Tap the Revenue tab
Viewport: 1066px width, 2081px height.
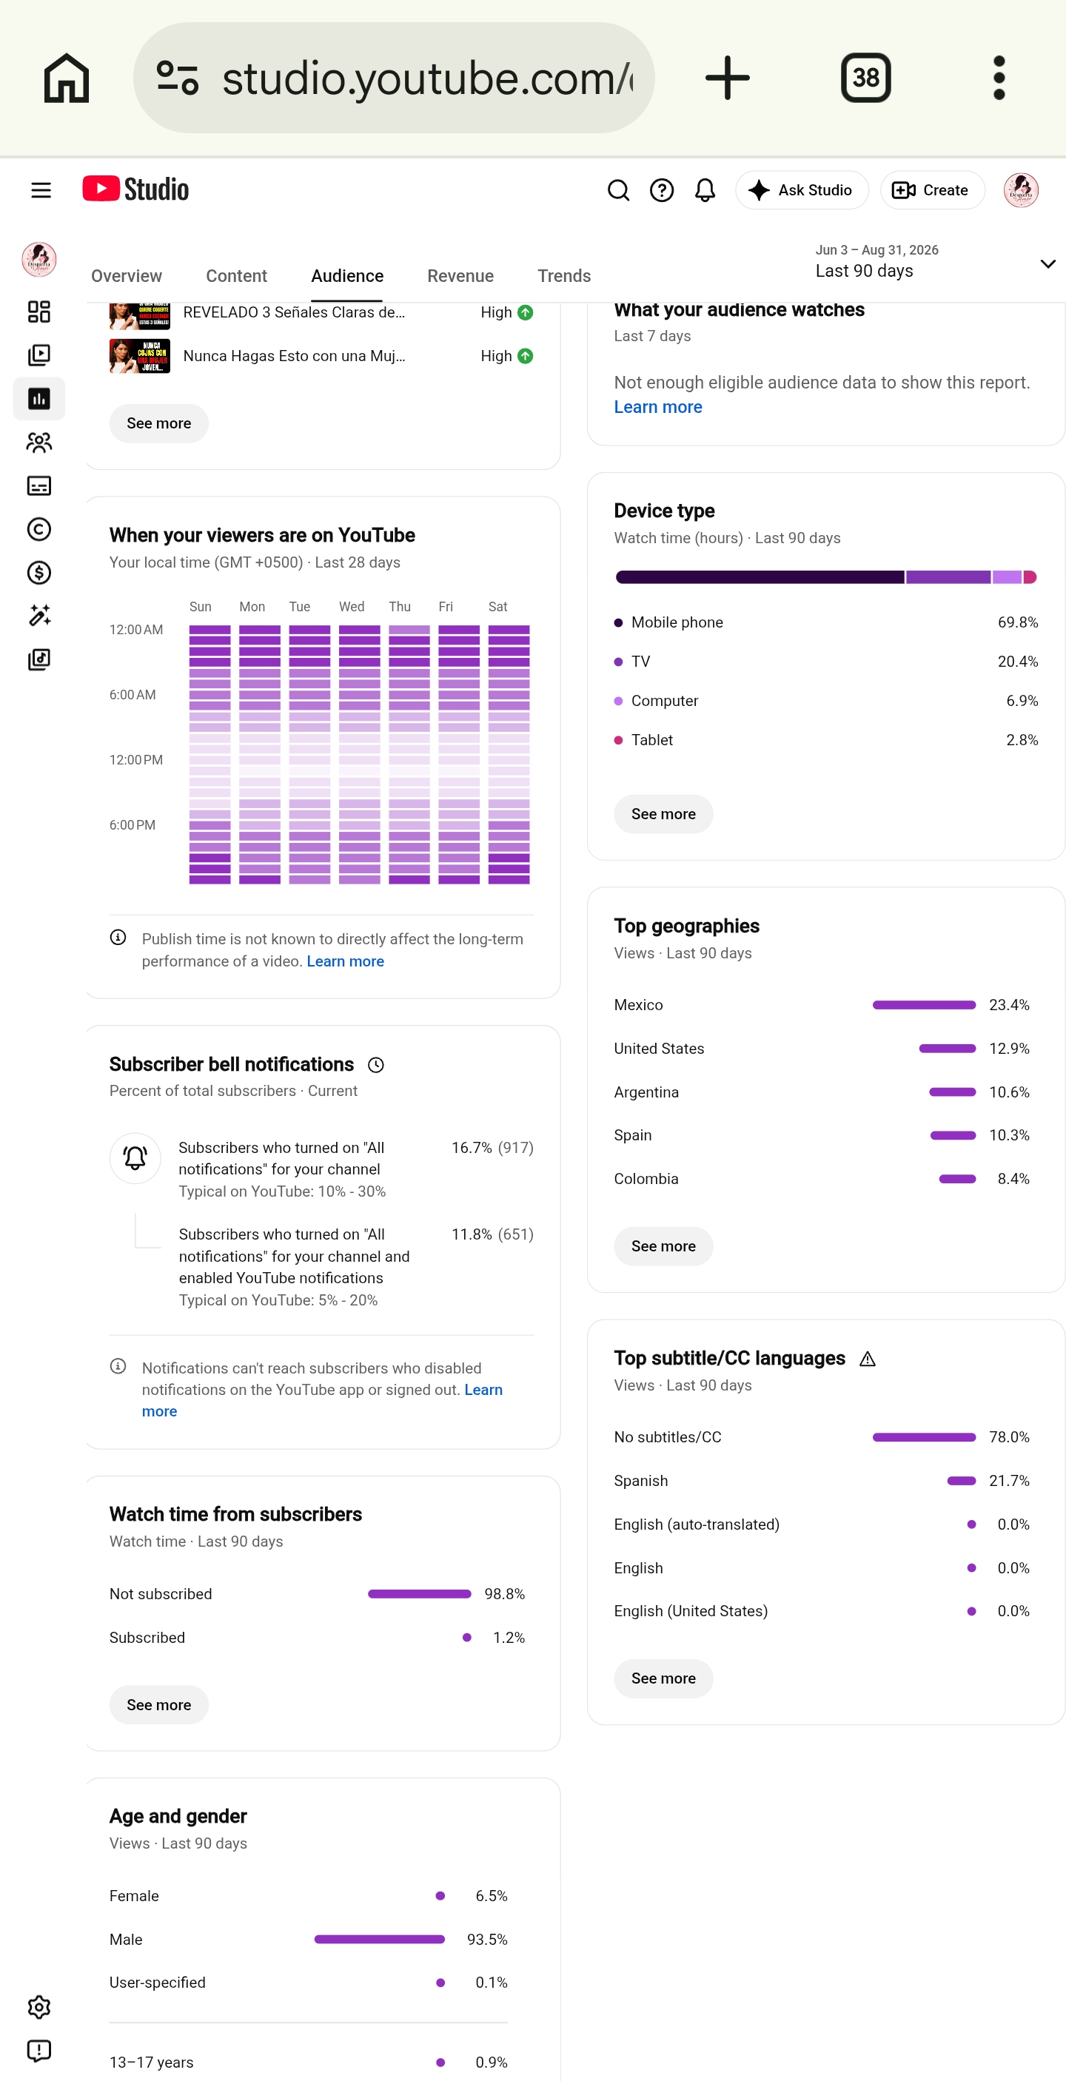coord(460,276)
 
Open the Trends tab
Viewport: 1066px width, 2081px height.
coord(564,276)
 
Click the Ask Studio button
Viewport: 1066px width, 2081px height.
coord(801,190)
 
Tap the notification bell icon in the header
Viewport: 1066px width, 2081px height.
coord(705,190)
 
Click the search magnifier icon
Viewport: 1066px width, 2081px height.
coord(618,190)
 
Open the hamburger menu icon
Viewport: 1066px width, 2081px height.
coord(41,190)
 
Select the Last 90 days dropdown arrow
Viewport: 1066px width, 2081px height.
coord(1047,264)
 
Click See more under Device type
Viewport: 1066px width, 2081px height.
coord(663,813)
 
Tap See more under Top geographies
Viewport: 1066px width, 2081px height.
coord(663,1245)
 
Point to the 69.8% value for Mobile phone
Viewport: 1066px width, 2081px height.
coord(1017,622)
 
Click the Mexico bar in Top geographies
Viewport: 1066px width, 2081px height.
coord(924,1005)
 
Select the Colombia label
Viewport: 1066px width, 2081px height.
coord(646,1179)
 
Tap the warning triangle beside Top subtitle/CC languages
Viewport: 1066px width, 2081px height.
coord(867,1359)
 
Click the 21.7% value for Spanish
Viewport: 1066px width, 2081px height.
coord(1008,1481)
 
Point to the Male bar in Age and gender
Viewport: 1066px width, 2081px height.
coord(379,1939)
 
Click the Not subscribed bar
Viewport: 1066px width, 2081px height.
coord(420,1594)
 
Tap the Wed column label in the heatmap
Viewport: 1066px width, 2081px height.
coord(352,607)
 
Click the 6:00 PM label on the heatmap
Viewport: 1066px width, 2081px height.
coord(133,825)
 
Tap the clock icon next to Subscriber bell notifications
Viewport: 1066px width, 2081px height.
coord(376,1065)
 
